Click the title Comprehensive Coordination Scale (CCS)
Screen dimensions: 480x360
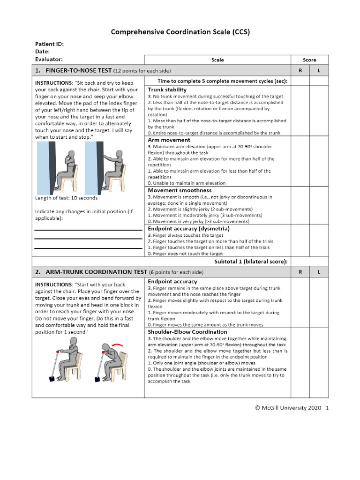[180, 32]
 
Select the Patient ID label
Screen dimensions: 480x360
[49, 44]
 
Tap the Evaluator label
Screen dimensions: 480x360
[49, 59]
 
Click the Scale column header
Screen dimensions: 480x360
[217, 60]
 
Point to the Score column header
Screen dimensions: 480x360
[309, 60]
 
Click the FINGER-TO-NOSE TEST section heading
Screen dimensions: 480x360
[79, 70]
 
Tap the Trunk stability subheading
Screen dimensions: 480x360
[167, 89]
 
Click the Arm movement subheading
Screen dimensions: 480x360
[169, 140]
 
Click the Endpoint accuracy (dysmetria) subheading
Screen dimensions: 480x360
[182, 228]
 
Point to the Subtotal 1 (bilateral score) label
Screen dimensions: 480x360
[251, 261]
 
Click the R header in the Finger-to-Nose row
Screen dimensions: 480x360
[300, 70]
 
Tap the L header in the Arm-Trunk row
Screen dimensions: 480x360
[319, 272]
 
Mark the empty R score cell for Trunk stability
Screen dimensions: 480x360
[300, 111]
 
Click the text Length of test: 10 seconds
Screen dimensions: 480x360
[67, 198]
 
